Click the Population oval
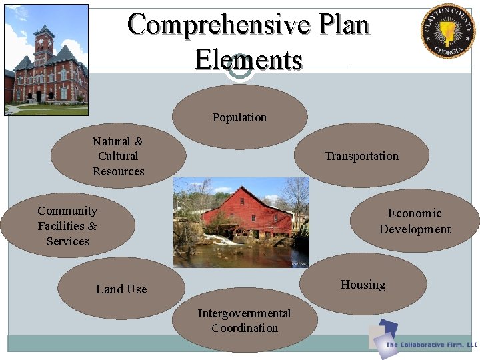click(239, 117)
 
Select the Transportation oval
click(361, 156)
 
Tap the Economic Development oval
click(415, 221)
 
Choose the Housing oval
click(363, 285)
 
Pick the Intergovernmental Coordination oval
click(244, 321)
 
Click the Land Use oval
click(121, 289)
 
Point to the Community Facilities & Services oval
click(67, 226)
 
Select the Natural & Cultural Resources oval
click(118, 156)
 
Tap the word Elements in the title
click(248, 59)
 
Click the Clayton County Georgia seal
click(447, 31)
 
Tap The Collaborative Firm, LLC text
click(431, 345)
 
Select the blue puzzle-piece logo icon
click(385, 334)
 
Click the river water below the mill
click(240, 255)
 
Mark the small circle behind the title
click(239, 69)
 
